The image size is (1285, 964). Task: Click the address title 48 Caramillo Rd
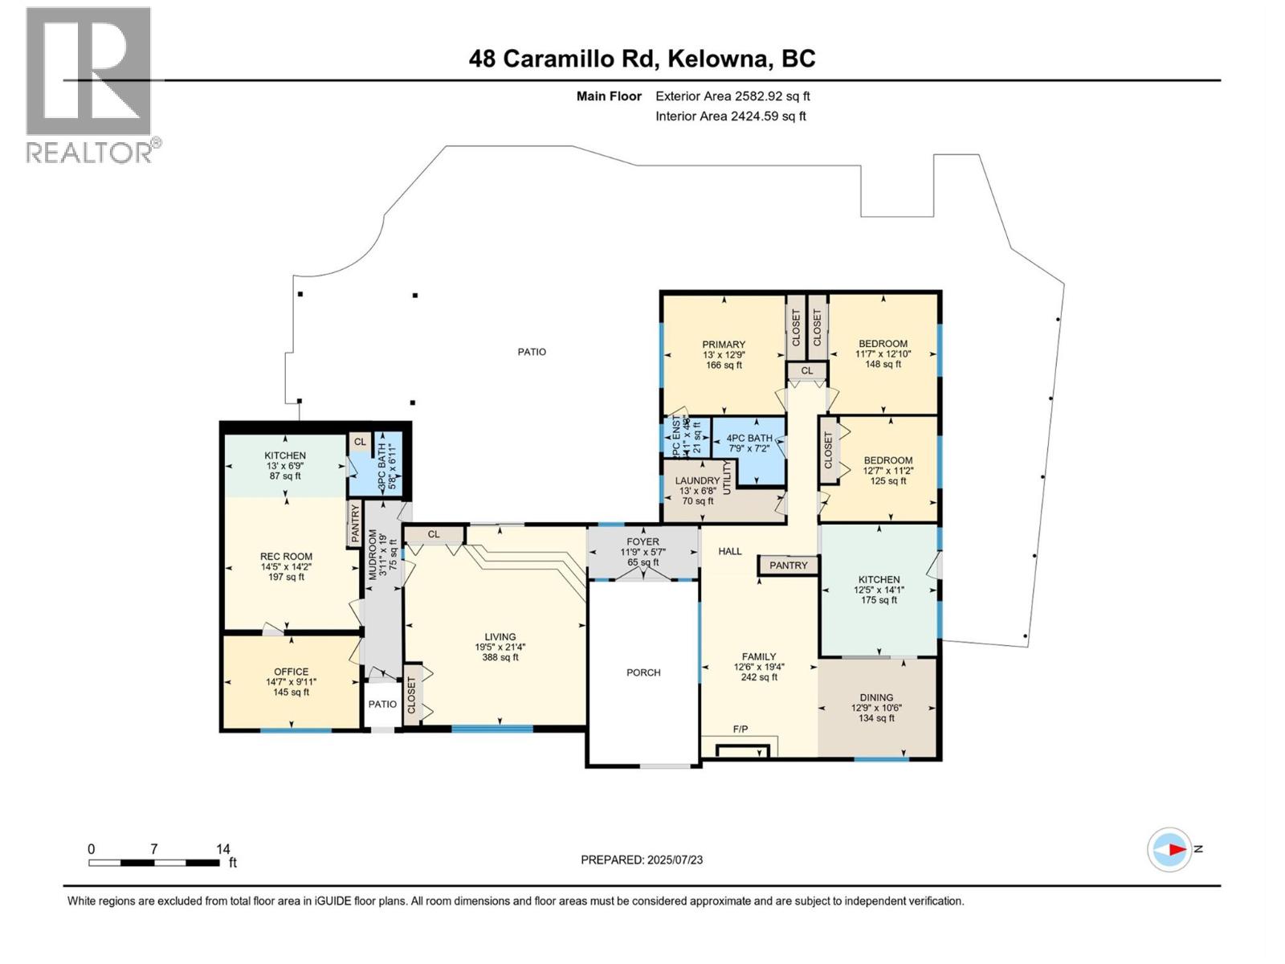pyautogui.click(x=642, y=59)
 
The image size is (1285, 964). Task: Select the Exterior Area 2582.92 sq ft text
pyautogui.click(x=732, y=96)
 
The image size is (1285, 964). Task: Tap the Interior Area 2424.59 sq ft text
pyautogui.click(x=730, y=116)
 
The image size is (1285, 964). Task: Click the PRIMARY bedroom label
pyautogui.click(x=724, y=345)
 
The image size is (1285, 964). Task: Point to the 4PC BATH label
pyautogui.click(x=749, y=439)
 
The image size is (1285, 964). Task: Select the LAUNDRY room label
pyautogui.click(x=697, y=481)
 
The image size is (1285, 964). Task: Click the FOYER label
pyautogui.click(x=642, y=542)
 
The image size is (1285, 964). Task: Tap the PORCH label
pyautogui.click(x=643, y=673)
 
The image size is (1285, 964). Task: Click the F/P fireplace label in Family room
pyautogui.click(x=740, y=729)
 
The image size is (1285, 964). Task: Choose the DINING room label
pyautogui.click(x=876, y=698)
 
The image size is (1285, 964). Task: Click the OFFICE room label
pyautogui.click(x=291, y=672)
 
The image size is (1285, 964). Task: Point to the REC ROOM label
pyautogui.click(x=286, y=557)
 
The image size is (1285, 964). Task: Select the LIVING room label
pyautogui.click(x=500, y=637)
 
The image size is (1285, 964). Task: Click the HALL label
pyautogui.click(x=730, y=552)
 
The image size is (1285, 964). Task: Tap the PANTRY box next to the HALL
pyautogui.click(x=788, y=566)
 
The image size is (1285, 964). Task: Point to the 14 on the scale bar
pyautogui.click(x=223, y=849)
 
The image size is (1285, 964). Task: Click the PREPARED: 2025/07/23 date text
pyautogui.click(x=642, y=860)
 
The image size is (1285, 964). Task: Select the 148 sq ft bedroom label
pyautogui.click(x=882, y=365)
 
